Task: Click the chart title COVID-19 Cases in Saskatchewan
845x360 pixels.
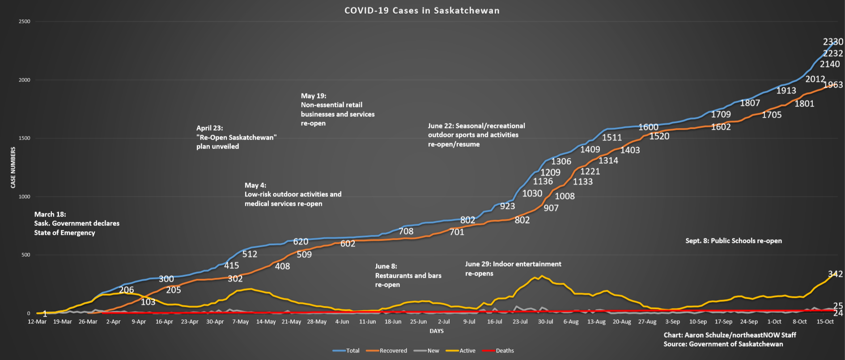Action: (422, 11)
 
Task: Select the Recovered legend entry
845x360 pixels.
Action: (393, 351)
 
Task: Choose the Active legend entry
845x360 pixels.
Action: (467, 351)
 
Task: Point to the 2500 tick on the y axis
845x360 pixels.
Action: (24, 21)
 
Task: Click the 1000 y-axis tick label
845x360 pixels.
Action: (24, 197)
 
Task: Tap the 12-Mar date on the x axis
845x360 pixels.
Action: (37, 322)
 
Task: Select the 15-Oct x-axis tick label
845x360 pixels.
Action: (825, 322)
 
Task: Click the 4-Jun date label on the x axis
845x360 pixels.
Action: (342, 322)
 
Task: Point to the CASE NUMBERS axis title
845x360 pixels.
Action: (13, 168)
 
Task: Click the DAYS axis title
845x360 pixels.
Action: (437, 331)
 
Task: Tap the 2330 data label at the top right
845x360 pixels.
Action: (833, 42)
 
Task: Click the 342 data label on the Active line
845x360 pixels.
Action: (835, 274)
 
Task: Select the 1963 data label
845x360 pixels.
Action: (833, 85)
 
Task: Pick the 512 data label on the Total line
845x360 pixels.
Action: (250, 254)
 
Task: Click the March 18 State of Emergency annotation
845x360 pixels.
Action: (76, 223)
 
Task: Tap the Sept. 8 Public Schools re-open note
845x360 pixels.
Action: (734, 241)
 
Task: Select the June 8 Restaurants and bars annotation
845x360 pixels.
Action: (408, 275)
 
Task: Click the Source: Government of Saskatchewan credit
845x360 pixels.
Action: (723, 344)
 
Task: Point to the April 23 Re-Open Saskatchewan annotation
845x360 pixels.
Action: (236, 137)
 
